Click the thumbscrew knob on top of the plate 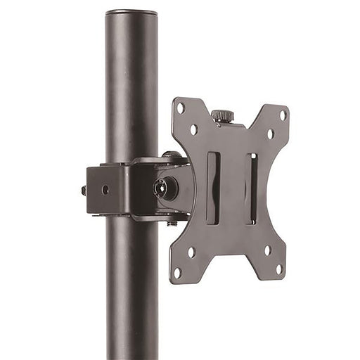tap(223, 115)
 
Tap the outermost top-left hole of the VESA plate tap(181, 108)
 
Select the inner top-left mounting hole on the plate tap(193, 129)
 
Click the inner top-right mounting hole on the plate tap(269, 134)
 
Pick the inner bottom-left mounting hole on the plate tap(191, 251)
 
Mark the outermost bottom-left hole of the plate tap(177, 271)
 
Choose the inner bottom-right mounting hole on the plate tap(266, 250)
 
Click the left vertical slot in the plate tap(213, 188)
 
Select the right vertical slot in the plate tap(251, 188)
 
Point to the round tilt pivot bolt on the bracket tap(162, 188)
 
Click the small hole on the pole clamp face tap(105, 189)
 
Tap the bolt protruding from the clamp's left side tap(84, 190)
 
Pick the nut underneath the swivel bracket tap(172, 223)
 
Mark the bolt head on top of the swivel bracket tap(172, 155)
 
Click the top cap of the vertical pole tap(131, 13)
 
